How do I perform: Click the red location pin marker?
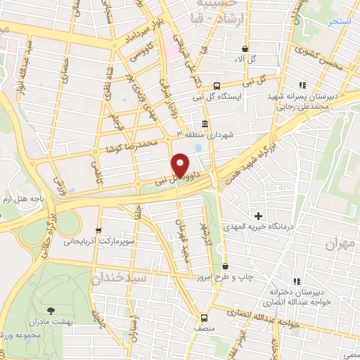(181, 165)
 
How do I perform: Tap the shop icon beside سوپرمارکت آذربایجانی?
(98, 230)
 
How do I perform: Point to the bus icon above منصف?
(205, 317)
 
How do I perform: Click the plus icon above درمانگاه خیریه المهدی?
(259, 215)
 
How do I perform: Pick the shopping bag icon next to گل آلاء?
(245, 49)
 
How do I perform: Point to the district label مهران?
(340, 244)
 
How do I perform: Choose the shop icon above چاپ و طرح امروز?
(225, 266)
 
